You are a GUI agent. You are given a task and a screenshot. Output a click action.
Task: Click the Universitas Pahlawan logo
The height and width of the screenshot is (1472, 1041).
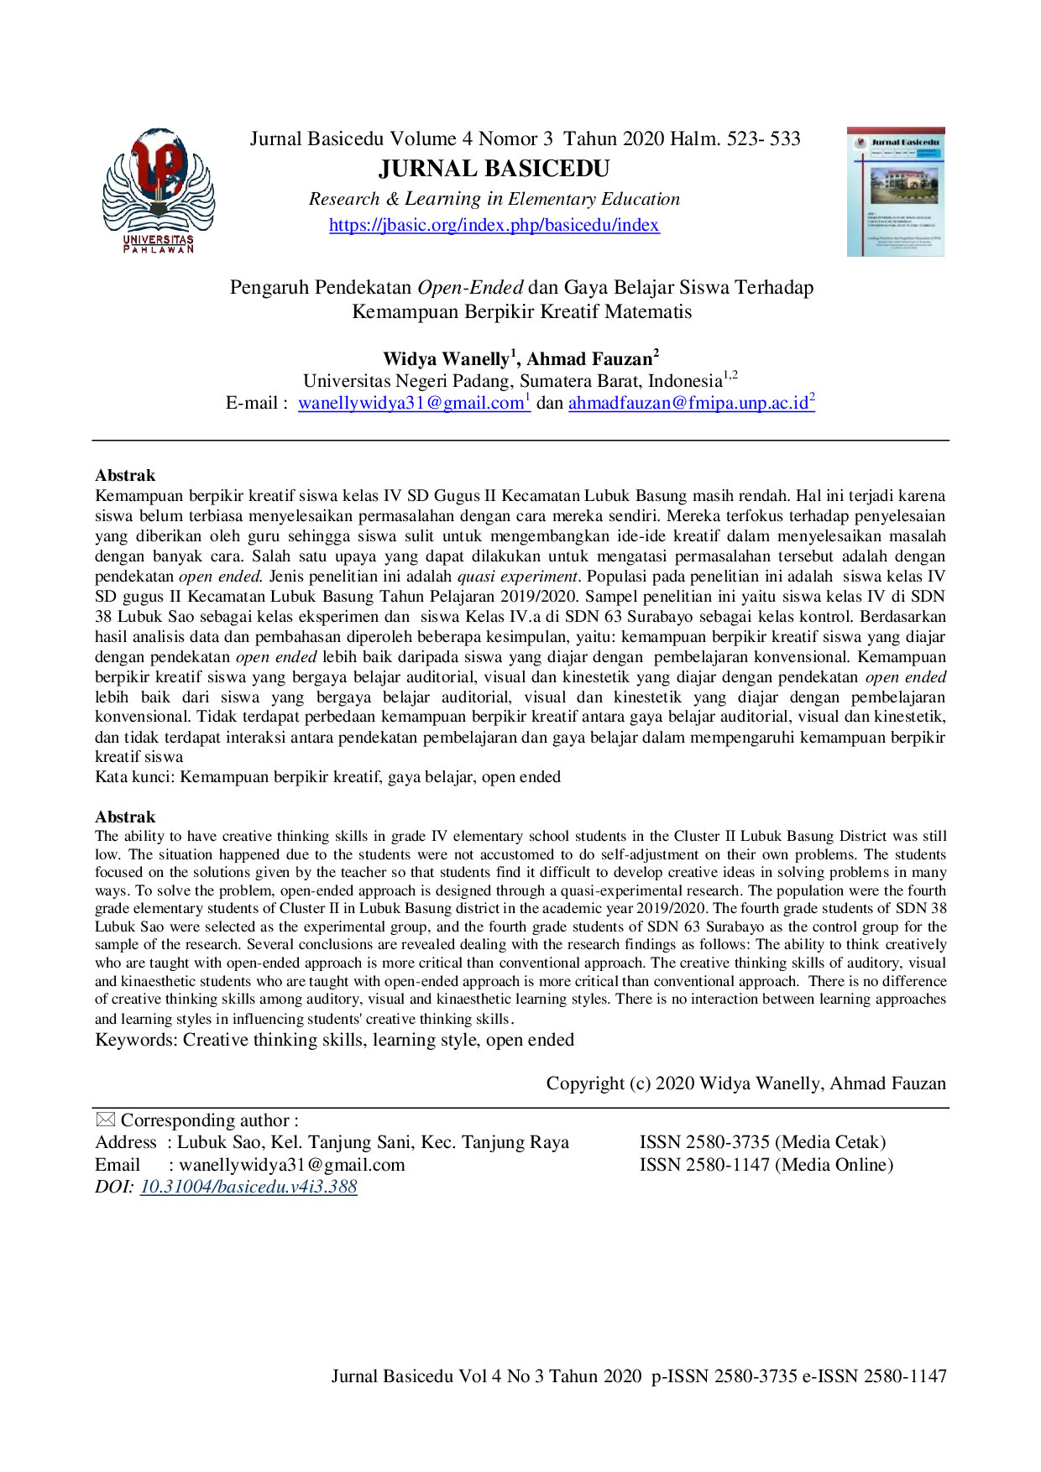158,191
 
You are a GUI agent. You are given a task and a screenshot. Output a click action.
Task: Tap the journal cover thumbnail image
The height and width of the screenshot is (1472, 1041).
896,191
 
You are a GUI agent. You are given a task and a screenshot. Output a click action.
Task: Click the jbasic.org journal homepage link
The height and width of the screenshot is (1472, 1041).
494,225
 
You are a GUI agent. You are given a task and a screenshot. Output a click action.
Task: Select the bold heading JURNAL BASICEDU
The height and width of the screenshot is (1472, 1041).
494,169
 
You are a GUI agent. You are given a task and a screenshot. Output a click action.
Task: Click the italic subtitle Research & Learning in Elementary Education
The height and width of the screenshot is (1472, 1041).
494,199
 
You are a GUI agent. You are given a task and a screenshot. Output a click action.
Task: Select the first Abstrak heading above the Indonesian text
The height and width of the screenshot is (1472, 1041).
125,475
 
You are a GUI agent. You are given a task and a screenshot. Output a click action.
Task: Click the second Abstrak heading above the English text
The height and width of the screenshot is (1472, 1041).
125,817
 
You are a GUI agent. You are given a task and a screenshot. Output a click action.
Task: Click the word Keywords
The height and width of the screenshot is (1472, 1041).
136,1040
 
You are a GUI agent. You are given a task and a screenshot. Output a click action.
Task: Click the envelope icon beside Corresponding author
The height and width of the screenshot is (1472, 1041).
105,1120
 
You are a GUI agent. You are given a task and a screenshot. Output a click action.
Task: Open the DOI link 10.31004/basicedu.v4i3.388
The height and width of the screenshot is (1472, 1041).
248,1187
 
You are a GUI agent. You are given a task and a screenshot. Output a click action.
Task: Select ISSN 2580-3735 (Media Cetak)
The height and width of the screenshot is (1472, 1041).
763,1142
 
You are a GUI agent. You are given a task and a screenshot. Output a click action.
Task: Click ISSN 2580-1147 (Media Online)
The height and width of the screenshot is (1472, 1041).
766,1165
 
